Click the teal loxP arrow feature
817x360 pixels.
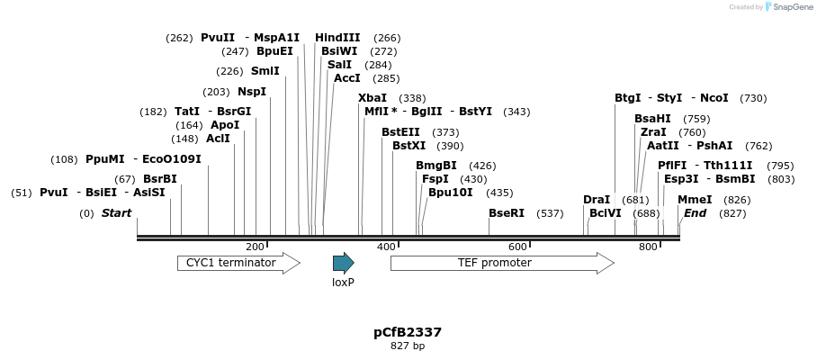click(x=343, y=263)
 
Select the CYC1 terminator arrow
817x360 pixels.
click(x=238, y=263)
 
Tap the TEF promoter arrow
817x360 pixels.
click(x=501, y=263)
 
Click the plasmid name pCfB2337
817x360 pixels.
click(x=408, y=332)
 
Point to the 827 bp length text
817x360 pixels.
click(x=408, y=346)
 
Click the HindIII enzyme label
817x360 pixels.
click(x=337, y=38)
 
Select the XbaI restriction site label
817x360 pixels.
click(x=373, y=97)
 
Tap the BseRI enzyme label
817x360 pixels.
click(x=506, y=213)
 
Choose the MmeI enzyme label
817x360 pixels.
click(x=695, y=199)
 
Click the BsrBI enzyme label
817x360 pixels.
click(x=160, y=179)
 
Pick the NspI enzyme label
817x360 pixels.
click(x=252, y=92)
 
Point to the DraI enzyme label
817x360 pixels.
click(x=597, y=199)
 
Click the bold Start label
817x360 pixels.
click(x=116, y=213)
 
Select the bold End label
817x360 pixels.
click(x=695, y=213)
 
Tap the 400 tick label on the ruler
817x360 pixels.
click(x=386, y=247)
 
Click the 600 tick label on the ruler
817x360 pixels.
click(x=517, y=247)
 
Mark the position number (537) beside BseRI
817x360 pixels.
click(x=550, y=213)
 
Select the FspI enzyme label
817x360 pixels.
click(x=435, y=179)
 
